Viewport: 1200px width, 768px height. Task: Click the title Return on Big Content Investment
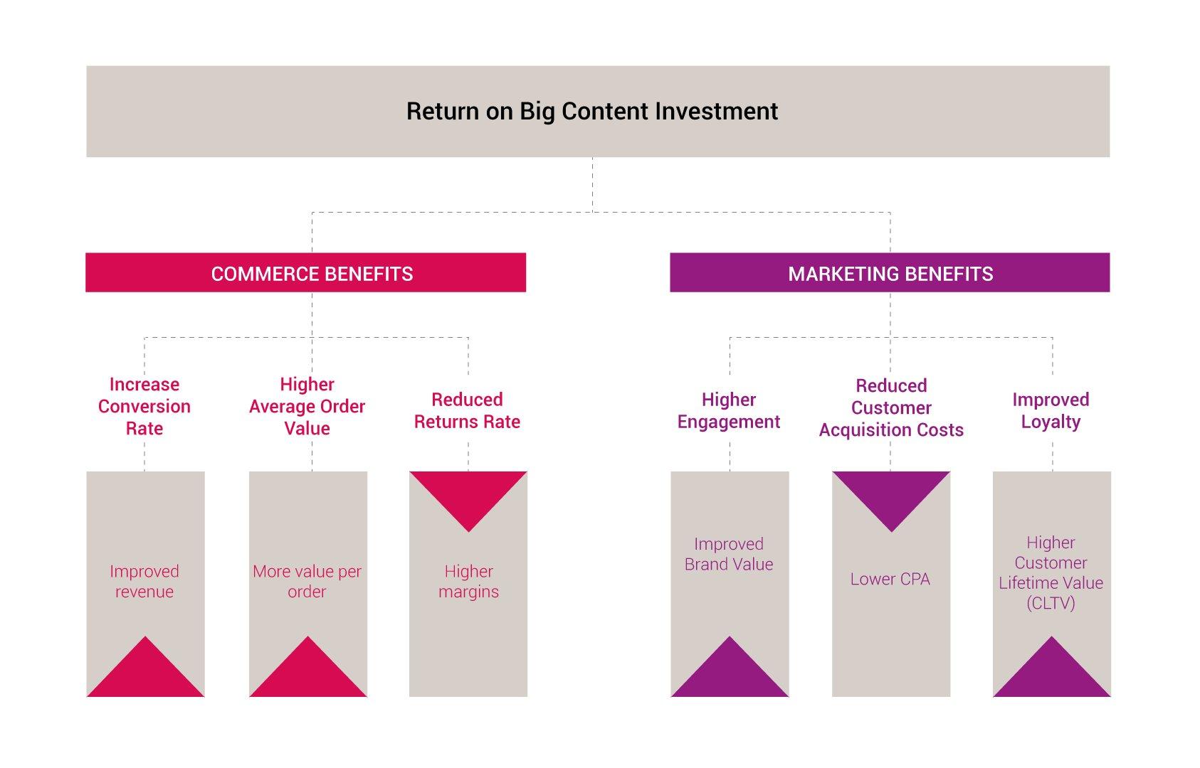[x=592, y=112]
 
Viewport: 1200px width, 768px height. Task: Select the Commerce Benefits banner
[x=306, y=272]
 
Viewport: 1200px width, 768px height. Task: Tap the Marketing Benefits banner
[x=890, y=272]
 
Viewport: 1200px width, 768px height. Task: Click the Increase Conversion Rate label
[x=144, y=406]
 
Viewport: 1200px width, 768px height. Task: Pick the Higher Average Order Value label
[x=307, y=406]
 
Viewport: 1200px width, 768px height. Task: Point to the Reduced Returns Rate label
[x=467, y=410]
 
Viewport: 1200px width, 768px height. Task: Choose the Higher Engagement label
[x=729, y=410]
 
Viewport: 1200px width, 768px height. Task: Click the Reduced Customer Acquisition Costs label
[x=891, y=407]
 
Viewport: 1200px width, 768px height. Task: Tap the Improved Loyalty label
[x=1051, y=410]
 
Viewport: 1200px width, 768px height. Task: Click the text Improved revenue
[x=144, y=581]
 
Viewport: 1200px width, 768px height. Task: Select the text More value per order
[x=307, y=581]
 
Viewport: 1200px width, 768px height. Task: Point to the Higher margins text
[x=468, y=581]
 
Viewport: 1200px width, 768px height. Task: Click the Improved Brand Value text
[x=729, y=554]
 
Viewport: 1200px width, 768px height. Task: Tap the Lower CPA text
[x=890, y=579]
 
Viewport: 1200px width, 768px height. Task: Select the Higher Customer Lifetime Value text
[x=1051, y=572]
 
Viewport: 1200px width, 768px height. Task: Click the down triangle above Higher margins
[x=468, y=492]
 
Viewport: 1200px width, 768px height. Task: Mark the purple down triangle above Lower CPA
[x=891, y=492]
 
